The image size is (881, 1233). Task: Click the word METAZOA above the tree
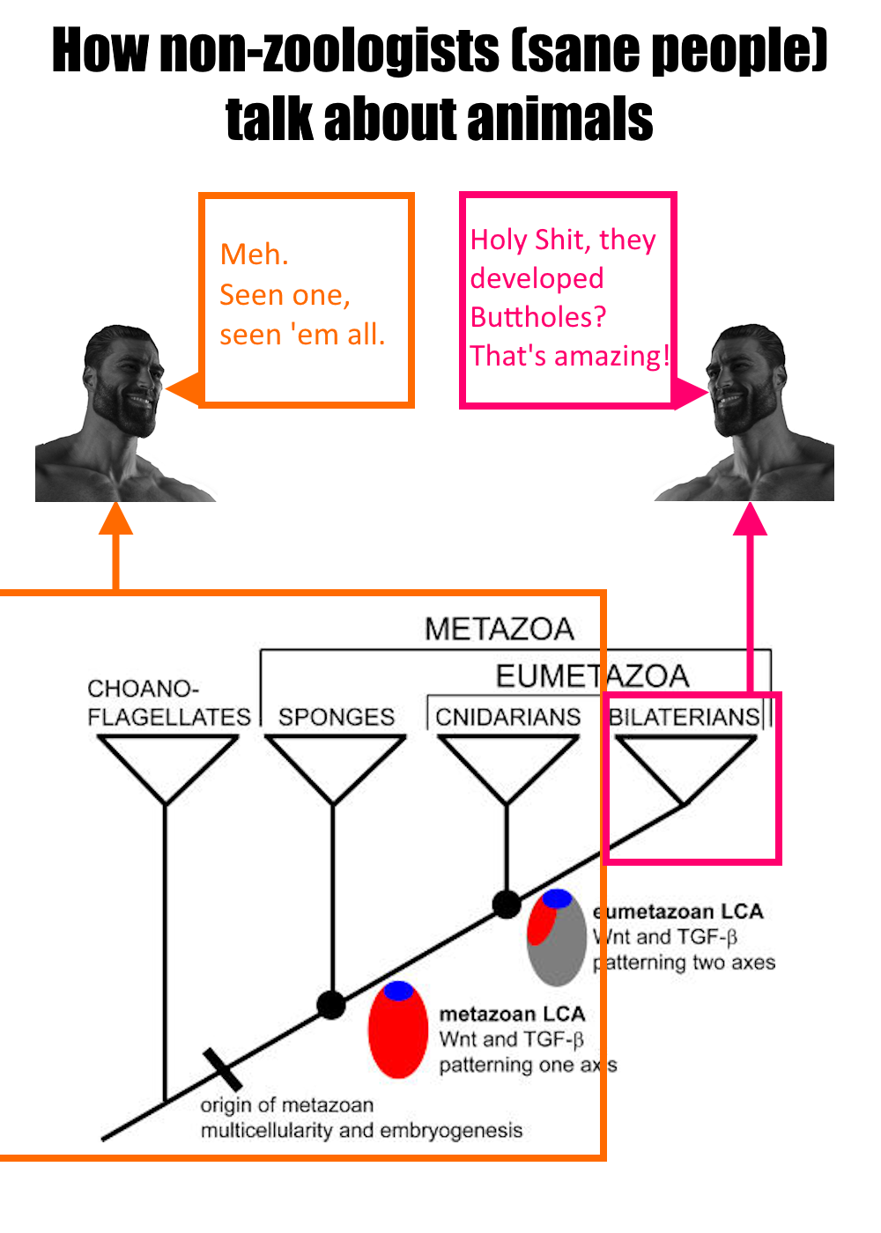(x=499, y=629)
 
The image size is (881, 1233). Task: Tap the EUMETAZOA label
(x=592, y=676)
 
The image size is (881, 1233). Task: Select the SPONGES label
(x=337, y=717)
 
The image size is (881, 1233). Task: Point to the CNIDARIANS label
(x=508, y=717)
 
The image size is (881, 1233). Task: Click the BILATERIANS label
(x=685, y=717)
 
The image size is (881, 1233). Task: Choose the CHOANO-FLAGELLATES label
(x=168, y=703)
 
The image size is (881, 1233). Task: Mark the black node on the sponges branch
(x=331, y=1004)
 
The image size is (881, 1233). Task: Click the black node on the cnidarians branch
(x=507, y=904)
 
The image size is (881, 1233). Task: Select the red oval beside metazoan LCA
(x=397, y=1032)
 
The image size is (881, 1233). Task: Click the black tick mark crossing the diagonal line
(x=222, y=1069)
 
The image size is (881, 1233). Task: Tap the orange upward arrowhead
(x=115, y=519)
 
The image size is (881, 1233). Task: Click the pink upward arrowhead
(x=751, y=519)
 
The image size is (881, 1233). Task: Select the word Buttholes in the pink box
(x=538, y=317)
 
